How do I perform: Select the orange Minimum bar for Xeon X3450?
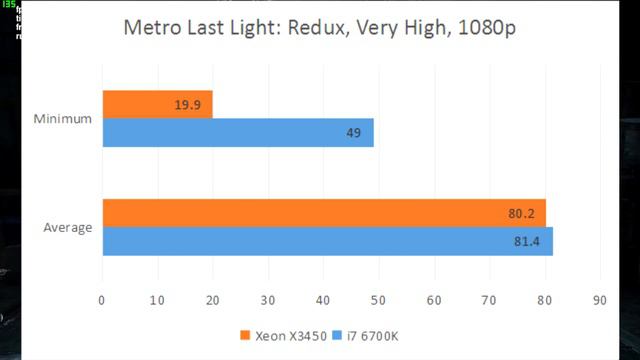pos(157,104)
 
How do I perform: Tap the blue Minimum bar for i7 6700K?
pos(237,133)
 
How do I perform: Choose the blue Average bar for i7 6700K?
pos(327,241)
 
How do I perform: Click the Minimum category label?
pos(62,119)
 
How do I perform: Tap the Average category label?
pos(67,227)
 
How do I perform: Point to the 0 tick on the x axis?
pos(102,298)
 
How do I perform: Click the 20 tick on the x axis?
pos(212,298)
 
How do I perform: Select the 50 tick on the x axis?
pos(378,298)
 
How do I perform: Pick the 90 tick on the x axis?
pos(599,298)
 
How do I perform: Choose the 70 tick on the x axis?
pos(489,298)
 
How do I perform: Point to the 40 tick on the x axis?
pos(323,298)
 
